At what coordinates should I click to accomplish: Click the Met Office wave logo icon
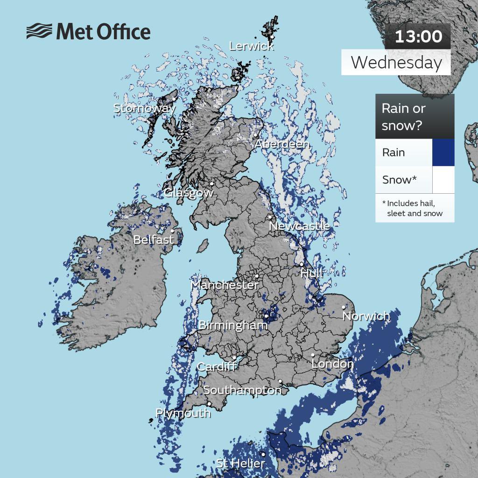click(x=39, y=32)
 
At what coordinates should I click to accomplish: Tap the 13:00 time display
click(x=418, y=36)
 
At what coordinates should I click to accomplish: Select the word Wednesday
click(x=396, y=63)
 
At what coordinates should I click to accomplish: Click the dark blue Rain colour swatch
click(x=443, y=152)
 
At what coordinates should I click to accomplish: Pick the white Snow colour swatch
click(x=443, y=180)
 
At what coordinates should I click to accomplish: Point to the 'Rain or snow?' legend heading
click(x=403, y=117)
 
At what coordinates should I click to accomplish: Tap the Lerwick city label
click(x=251, y=46)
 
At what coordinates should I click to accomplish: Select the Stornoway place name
click(x=144, y=108)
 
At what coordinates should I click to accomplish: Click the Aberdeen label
click(x=281, y=144)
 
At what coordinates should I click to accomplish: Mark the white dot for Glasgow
click(x=211, y=183)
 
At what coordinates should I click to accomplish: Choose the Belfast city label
click(x=154, y=240)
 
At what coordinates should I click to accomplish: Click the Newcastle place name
click(x=299, y=226)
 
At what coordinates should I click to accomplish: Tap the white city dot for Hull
click(x=302, y=264)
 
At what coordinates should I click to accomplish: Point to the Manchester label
click(x=224, y=285)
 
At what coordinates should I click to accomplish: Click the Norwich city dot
click(x=344, y=307)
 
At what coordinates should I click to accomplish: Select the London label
click(x=332, y=364)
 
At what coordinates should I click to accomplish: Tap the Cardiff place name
click(x=216, y=367)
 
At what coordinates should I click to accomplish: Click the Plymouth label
click(x=183, y=413)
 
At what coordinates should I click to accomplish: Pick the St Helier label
click(x=240, y=464)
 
